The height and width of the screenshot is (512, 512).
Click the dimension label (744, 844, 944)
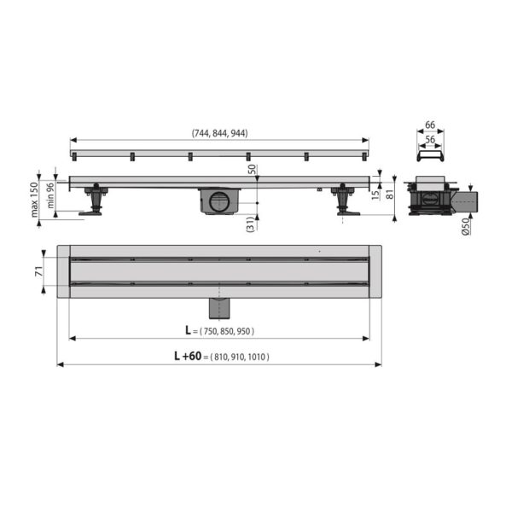coord(219,133)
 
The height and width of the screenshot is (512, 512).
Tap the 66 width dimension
coord(430,125)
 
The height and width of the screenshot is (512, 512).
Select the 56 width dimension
coord(430,139)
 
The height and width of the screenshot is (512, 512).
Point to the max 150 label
coord(34,199)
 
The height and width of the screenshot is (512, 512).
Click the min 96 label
coord(50,195)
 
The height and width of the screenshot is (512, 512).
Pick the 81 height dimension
coord(390,194)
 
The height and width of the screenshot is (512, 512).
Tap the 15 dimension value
coord(375,195)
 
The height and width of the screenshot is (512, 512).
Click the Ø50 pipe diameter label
coord(466,226)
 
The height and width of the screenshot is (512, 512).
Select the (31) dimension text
coord(250,224)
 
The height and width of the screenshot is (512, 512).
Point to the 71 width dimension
coord(39,271)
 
